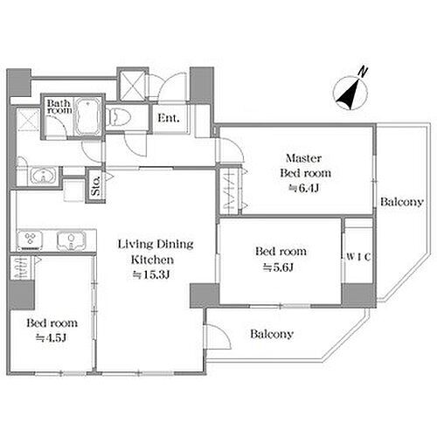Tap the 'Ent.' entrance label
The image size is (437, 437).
coord(169,119)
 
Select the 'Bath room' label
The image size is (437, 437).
coord(59,106)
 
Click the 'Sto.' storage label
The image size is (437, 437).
coord(95,185)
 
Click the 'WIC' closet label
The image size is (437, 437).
coord(357,257)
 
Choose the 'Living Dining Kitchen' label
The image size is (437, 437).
coord(156,252)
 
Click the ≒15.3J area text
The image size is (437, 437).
coord(156,274)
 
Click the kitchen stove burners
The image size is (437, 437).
coord(29,239)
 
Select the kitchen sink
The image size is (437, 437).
coord(66,239)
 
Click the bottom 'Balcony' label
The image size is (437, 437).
coord(270,334)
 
